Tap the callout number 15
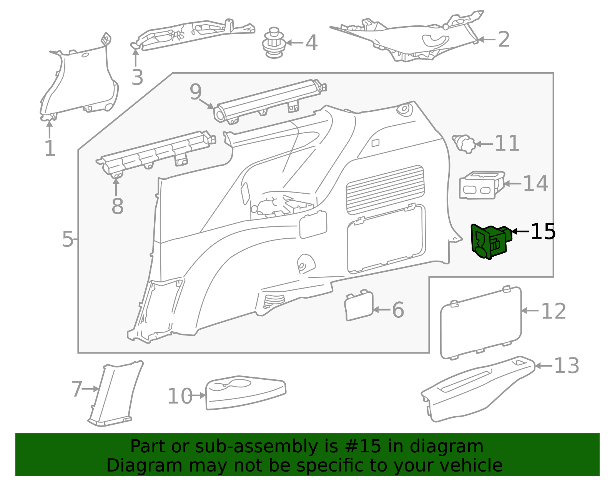(x=543, y=232)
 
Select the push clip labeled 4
(x=274, y=43)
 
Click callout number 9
(x=196, y=91)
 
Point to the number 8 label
(x=118, y=206)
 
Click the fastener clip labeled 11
(x=464, y=144)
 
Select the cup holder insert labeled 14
(x=482, y=185)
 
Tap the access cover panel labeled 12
(x=481, y=323)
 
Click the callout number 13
(x=567, y=365)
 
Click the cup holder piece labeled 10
(x=246, y=393)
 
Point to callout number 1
(x=50, y=148)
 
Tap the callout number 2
(x=504, y=39)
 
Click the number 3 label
(x=138, y=77)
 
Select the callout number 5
(x=68, y=239)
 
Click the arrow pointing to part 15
(x=520, y=231)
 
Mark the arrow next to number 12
(x=530, y=311)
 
